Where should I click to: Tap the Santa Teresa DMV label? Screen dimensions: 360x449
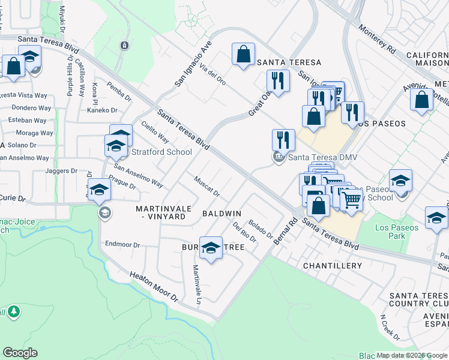(x=323, y=157)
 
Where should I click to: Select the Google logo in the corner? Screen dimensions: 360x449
(x=20, y=353)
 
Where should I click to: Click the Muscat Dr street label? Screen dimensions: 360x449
(x=206, y=186)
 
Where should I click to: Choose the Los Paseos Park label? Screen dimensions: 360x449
(x=390, y=232)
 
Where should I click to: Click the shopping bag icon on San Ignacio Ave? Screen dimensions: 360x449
(x=244, y=54)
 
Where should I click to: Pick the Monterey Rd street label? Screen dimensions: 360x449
(x=378, y=40)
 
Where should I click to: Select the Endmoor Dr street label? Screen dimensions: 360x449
(x=122, y=244)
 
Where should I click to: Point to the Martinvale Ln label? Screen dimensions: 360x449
(x=197, y=284)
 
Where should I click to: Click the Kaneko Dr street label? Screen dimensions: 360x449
(x=101, y=110)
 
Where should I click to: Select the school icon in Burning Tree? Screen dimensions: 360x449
(x=211, y=249)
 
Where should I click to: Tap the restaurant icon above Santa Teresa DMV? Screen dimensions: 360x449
(x=283, y=140)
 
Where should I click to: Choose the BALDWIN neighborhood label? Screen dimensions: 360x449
(x=221, y=214)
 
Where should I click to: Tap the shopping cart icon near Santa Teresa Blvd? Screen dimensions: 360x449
(x=352, y=199)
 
